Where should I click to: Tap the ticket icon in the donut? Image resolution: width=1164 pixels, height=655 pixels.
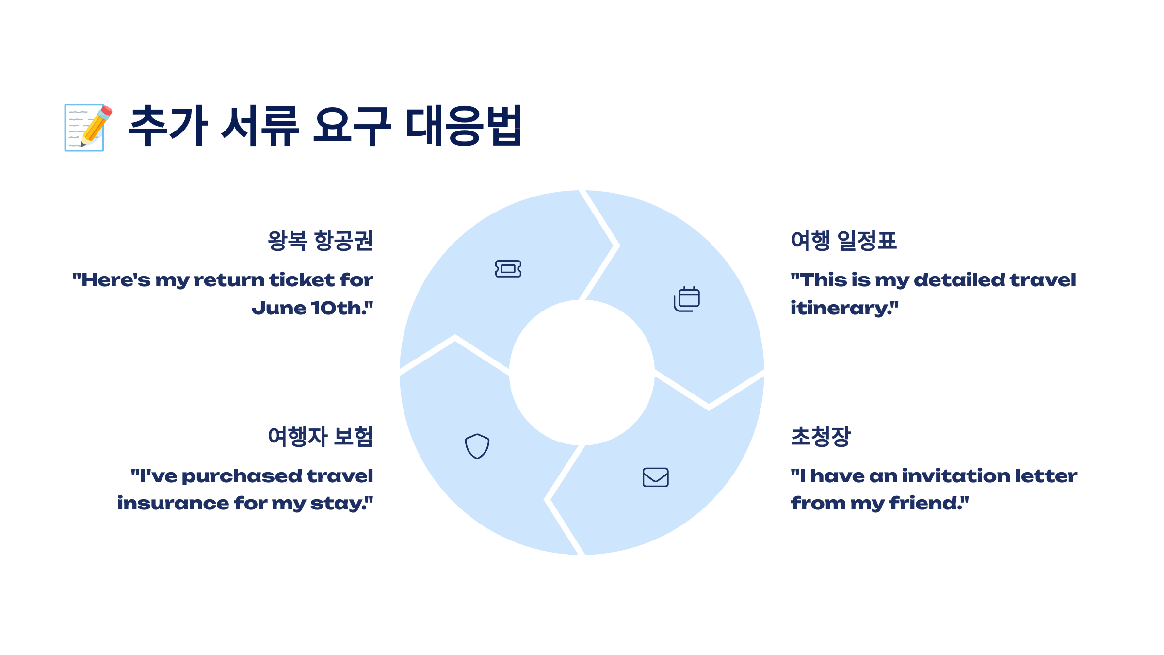[x=508, y=268]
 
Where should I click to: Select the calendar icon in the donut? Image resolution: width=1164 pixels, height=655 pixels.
[x=686, y=299]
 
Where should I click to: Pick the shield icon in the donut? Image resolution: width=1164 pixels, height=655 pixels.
[x=477, y=446]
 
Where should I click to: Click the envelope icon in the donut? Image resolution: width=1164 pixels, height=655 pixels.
[x=655, y=477]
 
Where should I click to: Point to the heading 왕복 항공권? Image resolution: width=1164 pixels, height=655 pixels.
[x=321, y=241]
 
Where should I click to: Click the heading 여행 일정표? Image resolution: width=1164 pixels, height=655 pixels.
[x=843, y=241]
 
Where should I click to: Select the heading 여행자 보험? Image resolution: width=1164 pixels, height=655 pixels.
[x=321, y=436]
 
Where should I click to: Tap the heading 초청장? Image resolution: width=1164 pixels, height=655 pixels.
[x=821, y=436]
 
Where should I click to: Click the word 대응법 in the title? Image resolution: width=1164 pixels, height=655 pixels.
[x=464, y=126]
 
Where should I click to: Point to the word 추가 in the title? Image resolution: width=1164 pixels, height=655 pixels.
[x=169, y=126]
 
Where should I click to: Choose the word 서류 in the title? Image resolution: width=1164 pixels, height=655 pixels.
[x=260, y=126]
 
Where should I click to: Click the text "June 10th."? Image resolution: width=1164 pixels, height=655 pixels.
[x=312, y=308]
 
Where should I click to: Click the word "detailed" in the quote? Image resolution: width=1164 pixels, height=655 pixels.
[x=959, y=280]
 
